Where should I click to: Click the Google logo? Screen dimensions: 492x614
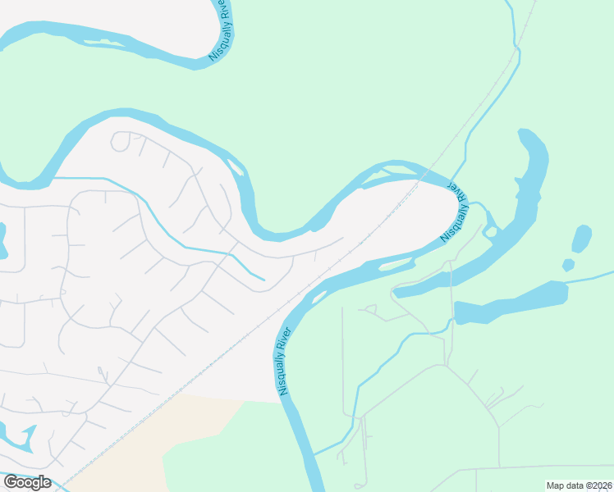[x=27, y=482]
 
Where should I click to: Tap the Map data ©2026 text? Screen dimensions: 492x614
[x=580, y=485]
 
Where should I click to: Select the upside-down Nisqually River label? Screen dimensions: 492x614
[x=454, y=211]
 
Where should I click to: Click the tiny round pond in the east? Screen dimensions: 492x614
[x=568, y=265]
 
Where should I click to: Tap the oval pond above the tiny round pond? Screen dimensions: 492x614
[x=581, y=239]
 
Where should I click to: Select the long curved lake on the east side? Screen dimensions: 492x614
[x=525, y=205]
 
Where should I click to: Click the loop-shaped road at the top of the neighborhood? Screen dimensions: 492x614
[x=121, y=142]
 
